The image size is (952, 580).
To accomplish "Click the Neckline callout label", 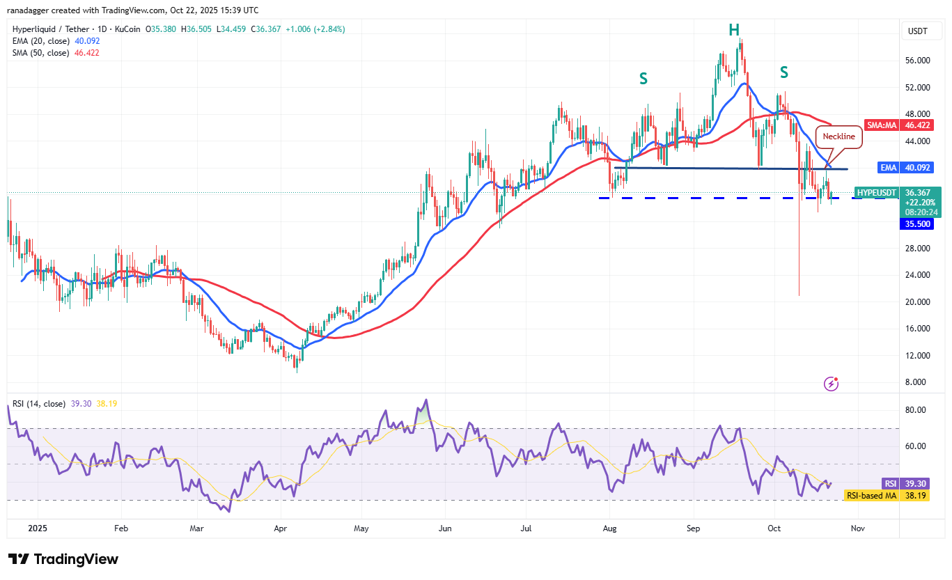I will tap(839, 136).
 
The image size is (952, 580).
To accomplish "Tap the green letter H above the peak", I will tap(734, 29).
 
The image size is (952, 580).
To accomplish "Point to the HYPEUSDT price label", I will tap(877, 192).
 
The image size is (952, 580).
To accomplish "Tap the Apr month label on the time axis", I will tap(280, 528).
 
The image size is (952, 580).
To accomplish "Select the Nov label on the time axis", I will tap(858, 528).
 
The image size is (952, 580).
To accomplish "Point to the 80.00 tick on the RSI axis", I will tap(916, 410).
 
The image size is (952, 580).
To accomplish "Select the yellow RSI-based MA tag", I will tap(871, 496).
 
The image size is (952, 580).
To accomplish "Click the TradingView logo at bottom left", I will tap(63, 559).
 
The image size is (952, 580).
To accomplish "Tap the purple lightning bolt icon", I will tap(830, 383).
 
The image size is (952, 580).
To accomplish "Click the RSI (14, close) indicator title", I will tap(39, 404).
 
